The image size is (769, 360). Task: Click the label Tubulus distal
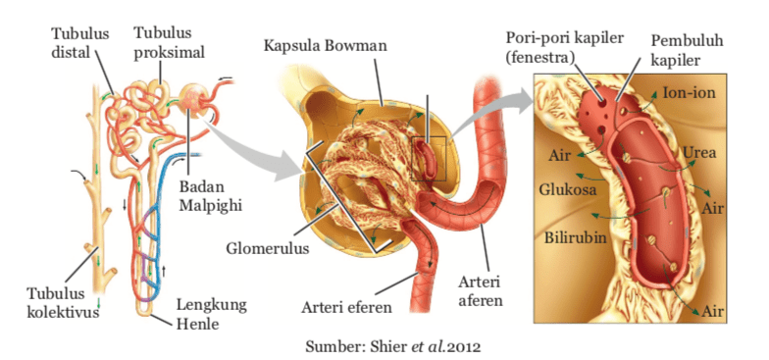[x=75, y=42]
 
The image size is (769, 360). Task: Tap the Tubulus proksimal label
[x=164, y=42]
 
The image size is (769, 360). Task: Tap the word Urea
[x=700, y=153]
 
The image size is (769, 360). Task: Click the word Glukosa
[x=568, y=189]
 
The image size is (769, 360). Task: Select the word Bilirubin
[x=574, y=236]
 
